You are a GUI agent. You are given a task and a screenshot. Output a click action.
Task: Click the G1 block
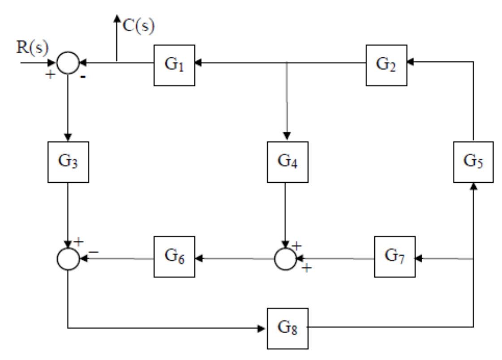174,65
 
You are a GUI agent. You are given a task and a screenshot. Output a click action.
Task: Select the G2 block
386,65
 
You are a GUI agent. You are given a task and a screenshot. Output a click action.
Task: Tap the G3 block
69,162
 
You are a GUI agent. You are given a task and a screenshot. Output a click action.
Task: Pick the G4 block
287,162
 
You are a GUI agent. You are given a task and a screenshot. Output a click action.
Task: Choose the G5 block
473,162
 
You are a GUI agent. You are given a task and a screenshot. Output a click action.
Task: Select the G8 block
287,328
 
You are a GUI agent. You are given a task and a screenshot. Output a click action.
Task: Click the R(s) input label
32,47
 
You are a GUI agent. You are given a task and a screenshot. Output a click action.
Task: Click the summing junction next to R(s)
69,63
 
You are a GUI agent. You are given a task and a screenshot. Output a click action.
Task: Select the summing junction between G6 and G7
285,259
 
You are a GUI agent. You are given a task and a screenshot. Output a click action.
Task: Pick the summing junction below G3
69,259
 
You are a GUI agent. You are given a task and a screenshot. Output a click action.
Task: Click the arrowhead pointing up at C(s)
117,18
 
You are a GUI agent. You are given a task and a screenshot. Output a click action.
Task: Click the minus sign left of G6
94,252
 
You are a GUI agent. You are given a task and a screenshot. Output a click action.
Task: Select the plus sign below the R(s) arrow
50,74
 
